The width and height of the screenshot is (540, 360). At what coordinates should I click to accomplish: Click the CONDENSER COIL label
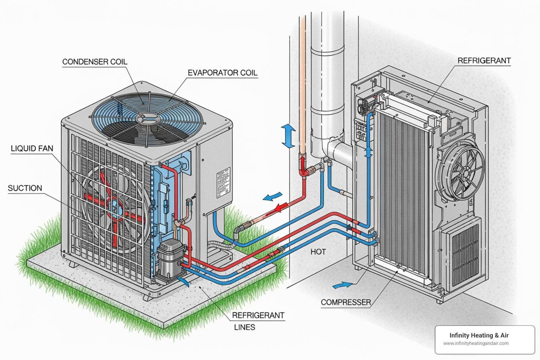95,62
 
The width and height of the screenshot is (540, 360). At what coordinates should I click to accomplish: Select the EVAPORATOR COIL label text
222,73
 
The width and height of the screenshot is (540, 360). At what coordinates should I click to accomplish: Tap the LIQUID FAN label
32,148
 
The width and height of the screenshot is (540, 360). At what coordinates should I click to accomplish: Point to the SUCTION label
25,188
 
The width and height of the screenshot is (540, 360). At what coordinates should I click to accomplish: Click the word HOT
318,252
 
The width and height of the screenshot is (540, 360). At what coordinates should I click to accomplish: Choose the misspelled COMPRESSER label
346,302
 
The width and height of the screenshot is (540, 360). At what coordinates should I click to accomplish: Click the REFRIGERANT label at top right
484,60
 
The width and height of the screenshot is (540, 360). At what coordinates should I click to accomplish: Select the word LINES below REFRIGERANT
245,327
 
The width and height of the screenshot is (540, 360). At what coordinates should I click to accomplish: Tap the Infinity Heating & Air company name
479,335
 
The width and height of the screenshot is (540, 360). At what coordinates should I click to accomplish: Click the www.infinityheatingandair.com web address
476,343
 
